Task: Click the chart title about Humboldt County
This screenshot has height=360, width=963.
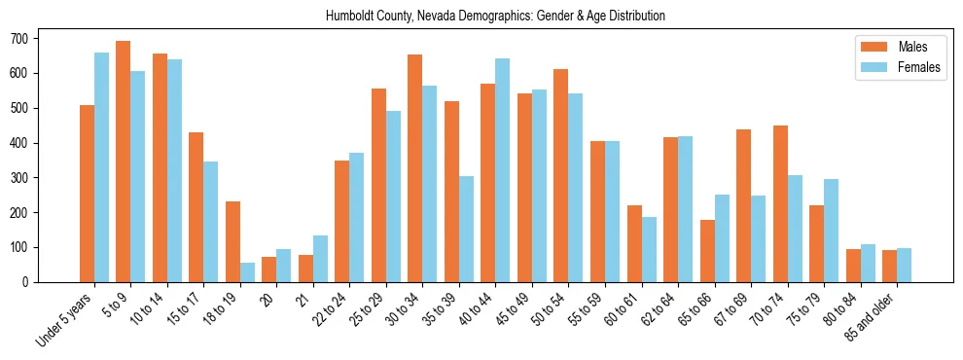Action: [481, 16]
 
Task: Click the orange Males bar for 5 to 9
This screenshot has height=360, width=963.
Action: [124, 162]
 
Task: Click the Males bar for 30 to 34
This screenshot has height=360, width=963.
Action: [415, 168]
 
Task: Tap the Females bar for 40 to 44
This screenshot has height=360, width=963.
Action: [503, 170]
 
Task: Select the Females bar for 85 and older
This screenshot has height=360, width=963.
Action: [904, 265]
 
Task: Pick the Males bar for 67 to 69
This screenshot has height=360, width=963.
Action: [744, 205]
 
